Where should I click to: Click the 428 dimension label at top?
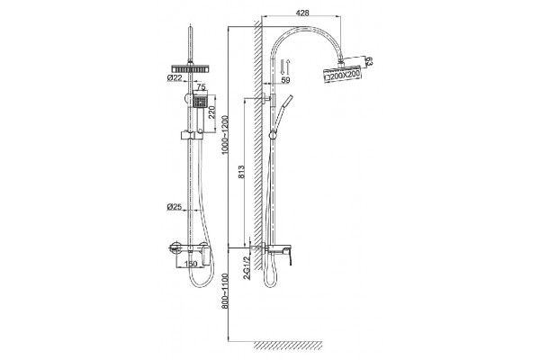[302, 13]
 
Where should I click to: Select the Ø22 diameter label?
[175, 78]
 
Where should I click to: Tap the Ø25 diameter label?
[175, 206]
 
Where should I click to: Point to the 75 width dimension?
[202, 87]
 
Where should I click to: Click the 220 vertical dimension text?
[212, 112]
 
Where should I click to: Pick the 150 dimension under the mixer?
[191, 264]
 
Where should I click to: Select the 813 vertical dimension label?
[241, 172]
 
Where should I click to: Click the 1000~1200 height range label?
[225, 135]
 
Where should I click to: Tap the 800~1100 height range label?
[225, 291]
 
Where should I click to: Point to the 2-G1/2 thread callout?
[247, 267]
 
